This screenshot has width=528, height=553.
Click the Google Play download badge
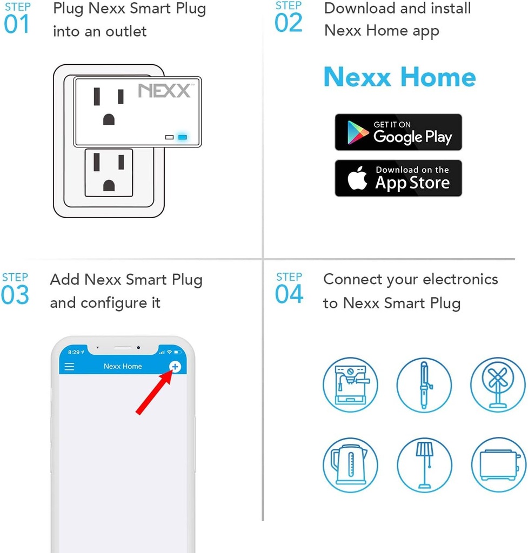pyautogui.click(x=398, y=132)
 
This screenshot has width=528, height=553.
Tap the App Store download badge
pyautogui.click(x=398, y=178)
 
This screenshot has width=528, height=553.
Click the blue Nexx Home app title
pyautogui.click(x=399, y=77)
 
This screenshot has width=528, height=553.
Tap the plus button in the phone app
pyautogui.click(x=175, y=367)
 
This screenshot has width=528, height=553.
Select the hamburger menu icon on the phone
pyautogui.click(x=70, y=367)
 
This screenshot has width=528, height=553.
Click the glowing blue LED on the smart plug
pyautogui.click(x=183, y=137)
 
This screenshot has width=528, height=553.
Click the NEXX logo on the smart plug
pyautogui.click(x=164, y=90)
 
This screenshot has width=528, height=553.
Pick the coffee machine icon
pyautogui.click(x=350, y=385)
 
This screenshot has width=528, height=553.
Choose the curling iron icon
pyautogui.click(x=424, y=385)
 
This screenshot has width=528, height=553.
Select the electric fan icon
pyautogui.click(x=498, y=385)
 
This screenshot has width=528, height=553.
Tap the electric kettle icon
pyautogui.click(x=350, y=465)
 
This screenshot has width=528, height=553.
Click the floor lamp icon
pyautogui.click(x=424, y=465)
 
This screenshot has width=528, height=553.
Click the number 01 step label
pyautogui.click(x=17, y=25)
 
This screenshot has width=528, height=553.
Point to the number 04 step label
pyautogui.click(x=289, y=294)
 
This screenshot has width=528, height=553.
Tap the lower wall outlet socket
pyautogui.click(x=109, y=172)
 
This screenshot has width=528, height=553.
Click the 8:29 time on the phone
pyautogui.click(x=74, y=352)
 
